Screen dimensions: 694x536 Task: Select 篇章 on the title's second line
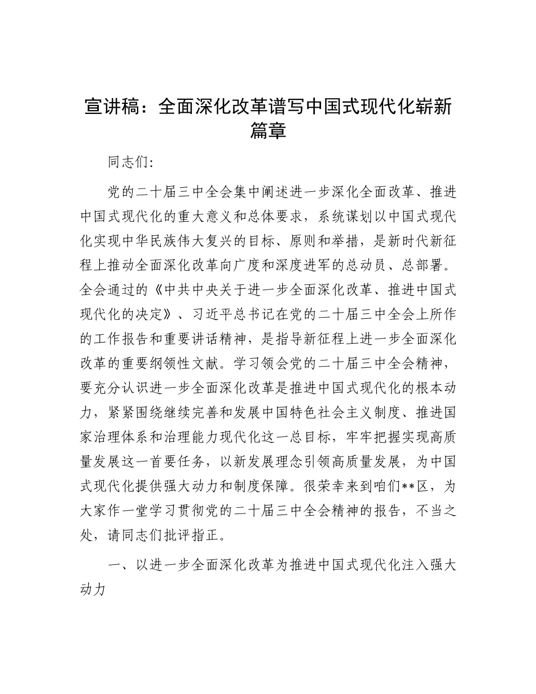point(268,131)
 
